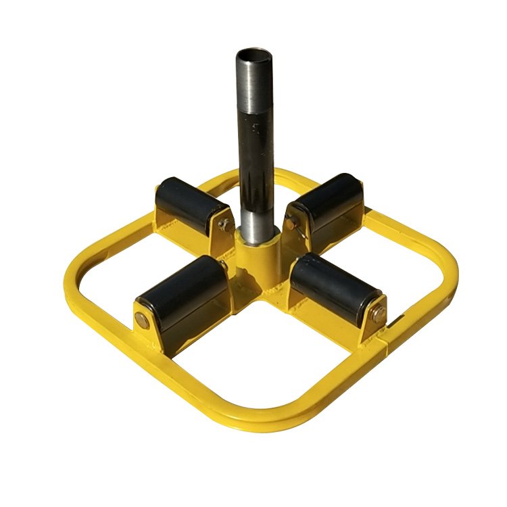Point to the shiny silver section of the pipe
point(256,216)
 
